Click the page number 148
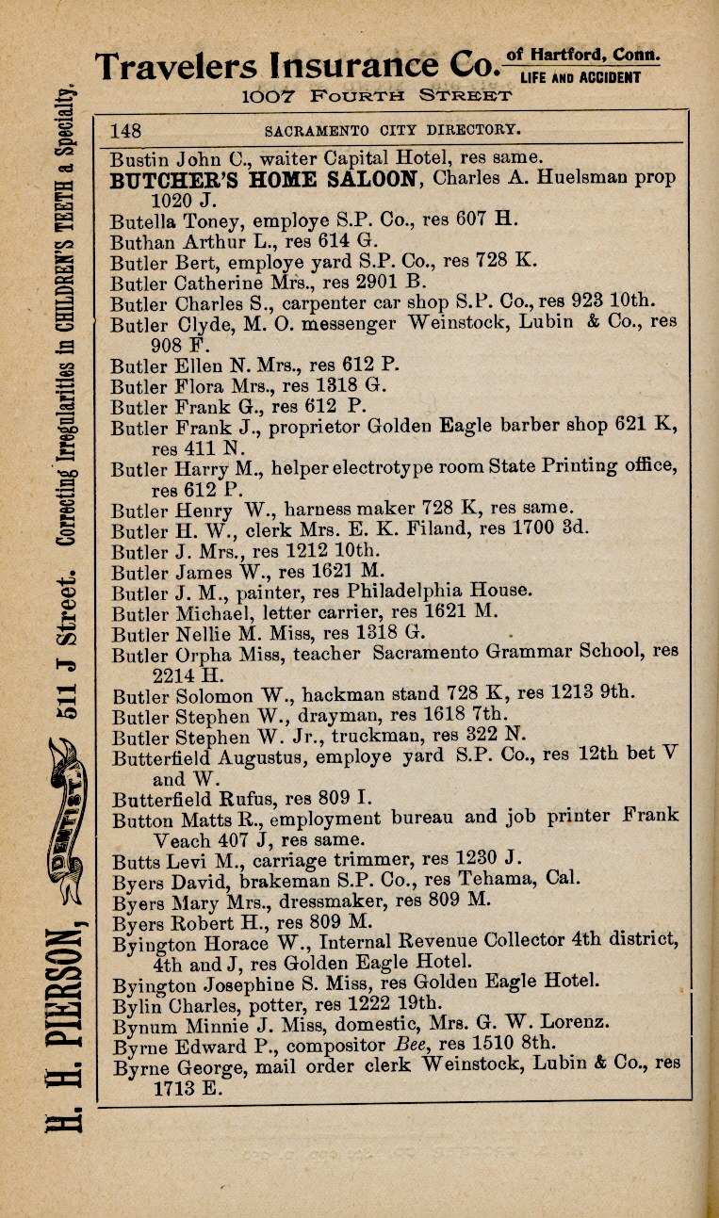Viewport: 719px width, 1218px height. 125,130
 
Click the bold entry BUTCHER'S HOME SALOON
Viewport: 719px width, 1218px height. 264,179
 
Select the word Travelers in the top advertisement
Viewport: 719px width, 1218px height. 175,66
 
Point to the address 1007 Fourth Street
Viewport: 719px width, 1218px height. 376,96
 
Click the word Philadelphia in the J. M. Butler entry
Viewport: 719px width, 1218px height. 400,592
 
